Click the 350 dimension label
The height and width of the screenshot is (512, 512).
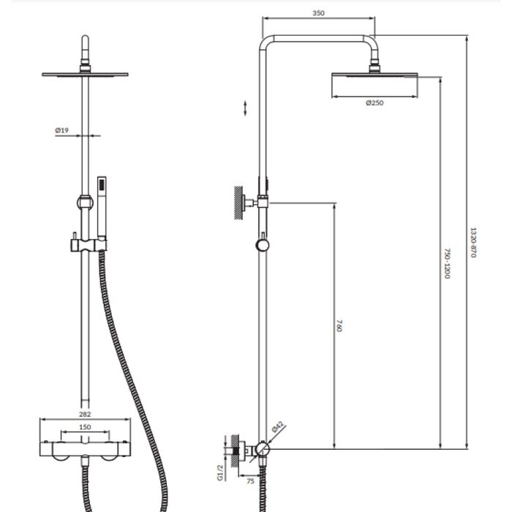point(318,13)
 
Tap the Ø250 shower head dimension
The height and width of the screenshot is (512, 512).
point(374,103)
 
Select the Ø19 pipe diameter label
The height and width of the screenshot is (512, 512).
point(61,130)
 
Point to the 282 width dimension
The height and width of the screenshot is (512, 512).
point(85,414)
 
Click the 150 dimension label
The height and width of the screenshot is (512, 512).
point(85,427)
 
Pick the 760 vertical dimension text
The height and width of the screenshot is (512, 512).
point(339,325)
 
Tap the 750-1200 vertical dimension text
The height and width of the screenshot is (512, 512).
point(448,264)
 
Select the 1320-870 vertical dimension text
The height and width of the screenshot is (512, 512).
point(473,242)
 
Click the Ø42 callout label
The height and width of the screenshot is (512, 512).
point(278,426)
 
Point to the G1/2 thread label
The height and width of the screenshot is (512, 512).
point(220,473)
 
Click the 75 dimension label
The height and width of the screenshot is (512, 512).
point(250,481)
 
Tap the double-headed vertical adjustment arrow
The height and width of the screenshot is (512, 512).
point(245,108)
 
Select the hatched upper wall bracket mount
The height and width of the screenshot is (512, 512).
point(238,203)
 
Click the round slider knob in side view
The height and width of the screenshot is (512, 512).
point(262,245)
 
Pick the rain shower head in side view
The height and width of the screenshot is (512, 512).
point(374,75)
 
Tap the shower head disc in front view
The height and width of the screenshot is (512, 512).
point(85,75)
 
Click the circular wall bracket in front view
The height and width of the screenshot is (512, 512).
point(85,203)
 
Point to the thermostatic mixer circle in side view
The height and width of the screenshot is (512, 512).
point(262,449)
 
